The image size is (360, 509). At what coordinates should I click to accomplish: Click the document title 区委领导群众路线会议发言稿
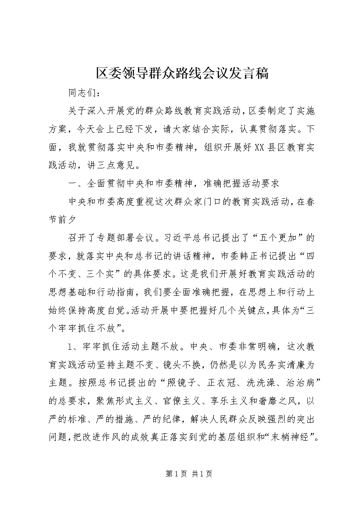(180, 74)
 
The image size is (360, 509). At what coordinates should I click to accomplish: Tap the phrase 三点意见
(124, 166)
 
